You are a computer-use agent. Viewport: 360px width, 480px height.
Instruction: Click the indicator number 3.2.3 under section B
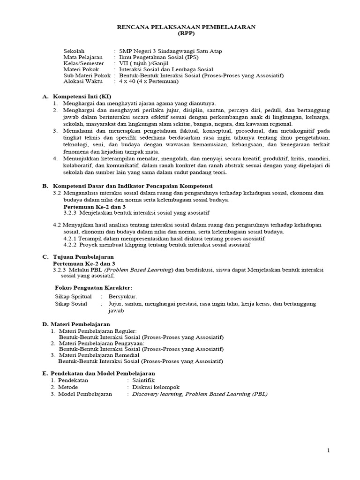point(71,212)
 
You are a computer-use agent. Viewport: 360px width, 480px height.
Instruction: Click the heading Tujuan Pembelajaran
point(82,257)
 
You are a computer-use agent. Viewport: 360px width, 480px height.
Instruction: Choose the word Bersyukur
point(122,297)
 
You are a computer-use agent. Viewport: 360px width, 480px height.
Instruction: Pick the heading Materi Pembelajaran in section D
point(80,324)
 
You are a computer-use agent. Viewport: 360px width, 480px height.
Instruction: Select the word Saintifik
point(143,380)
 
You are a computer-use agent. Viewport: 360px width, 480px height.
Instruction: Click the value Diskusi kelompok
point(156,387)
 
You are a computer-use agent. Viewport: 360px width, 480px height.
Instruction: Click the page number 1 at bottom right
point(329,450)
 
